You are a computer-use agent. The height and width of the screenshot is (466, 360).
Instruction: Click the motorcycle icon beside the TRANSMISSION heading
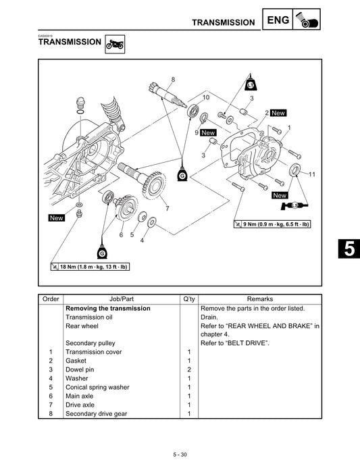[x=114, y=45]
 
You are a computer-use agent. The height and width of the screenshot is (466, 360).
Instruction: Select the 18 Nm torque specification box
[x=89, y=267]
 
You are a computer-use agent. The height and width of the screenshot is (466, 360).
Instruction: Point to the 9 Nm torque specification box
[x=272, y=224]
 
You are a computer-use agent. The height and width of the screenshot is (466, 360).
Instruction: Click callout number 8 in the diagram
[x=173, y=80]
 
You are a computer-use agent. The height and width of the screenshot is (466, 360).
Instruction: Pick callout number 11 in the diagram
[x=313, y=174]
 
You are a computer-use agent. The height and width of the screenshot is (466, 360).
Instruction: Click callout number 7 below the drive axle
[x=167, y=208]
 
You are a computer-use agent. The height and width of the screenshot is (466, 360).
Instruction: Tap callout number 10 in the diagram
[x=206, y=99]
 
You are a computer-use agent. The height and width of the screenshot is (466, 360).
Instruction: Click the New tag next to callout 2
[x=278, y=113]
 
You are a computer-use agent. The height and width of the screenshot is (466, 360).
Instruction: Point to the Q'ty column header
[x=188, y=298]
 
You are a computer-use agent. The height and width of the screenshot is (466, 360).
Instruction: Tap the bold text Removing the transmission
[x=107, y=308]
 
